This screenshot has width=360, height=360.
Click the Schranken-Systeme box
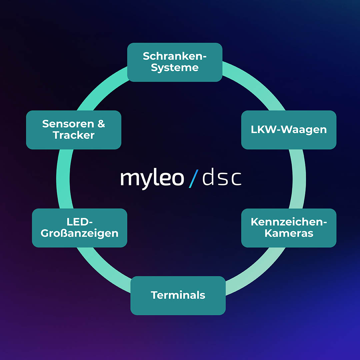point(175,62)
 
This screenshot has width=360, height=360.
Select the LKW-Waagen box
point(289,130)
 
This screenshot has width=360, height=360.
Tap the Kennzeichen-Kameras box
point(289,228)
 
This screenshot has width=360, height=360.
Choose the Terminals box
point(178,295)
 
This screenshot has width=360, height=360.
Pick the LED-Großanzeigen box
point(79,228)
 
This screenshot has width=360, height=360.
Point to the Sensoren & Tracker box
point(74,130)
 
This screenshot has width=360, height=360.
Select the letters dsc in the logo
point(222,179)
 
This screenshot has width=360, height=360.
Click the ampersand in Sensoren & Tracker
point(101,124)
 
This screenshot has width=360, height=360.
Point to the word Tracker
point(74,135)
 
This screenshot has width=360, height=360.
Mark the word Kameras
point(289,233)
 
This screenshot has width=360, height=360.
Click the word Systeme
point(175,68)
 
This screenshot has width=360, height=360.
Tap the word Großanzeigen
point(79,233)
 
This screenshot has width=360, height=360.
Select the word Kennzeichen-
point(289,222)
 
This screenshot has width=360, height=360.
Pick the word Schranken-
point(175,56)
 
